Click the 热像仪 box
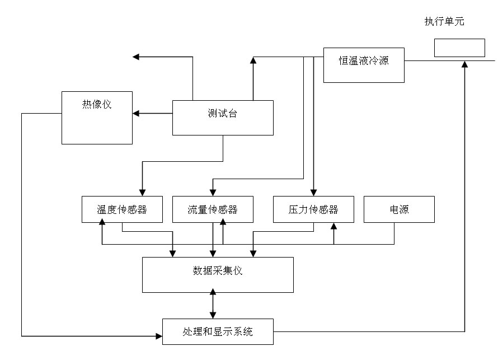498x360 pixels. tap(97, 118)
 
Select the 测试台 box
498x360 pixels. tap(223, 118)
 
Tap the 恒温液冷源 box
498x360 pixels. tap(364, 65)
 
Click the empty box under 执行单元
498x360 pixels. tap(459, 48)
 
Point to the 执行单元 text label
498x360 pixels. tap(444, 22)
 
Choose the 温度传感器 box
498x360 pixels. tap(122, 210)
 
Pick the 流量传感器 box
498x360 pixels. tap(213, 210)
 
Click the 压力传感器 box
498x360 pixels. tap(313, 210)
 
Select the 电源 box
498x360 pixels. tap(399, 210)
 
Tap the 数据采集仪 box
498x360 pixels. tap(218, 274)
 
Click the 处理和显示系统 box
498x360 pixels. tap(218, 331)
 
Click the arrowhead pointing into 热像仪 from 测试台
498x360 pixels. tap(137, 114)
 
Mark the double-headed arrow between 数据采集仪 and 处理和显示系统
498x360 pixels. tap(213, 306)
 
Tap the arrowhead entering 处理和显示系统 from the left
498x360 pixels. tap(158, 336)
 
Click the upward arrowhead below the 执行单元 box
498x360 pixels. tap(464, 64)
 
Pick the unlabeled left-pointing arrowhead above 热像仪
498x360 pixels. tap(136, 57)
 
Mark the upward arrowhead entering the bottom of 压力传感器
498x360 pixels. tap(334, 226)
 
